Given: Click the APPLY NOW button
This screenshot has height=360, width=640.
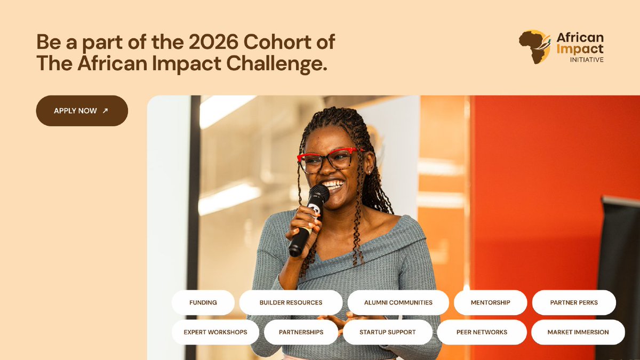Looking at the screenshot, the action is pos(82,110).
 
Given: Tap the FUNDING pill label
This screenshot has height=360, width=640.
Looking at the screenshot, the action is pos(203,302).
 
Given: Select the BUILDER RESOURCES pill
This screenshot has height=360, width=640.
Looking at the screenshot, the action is pos(291,302).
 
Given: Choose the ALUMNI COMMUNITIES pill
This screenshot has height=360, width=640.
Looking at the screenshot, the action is pos(398,302).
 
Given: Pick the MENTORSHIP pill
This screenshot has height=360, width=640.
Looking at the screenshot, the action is pos(490,302).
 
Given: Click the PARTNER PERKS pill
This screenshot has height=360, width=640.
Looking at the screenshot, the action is pos(574,302).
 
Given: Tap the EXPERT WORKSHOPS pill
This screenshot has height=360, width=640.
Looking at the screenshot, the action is pos(215,332).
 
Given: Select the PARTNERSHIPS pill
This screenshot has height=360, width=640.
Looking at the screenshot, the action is pos(301,332).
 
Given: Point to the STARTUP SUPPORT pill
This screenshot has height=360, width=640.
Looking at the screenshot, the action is pos(387,332).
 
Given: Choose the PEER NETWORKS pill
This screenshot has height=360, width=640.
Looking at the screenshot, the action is pos(482,332).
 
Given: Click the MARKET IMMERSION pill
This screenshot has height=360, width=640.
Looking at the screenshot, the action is pos(578,332).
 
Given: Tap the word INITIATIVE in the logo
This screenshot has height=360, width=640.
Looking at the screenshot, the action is pos(587,60).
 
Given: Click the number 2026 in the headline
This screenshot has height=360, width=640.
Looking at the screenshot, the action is pos(213,42).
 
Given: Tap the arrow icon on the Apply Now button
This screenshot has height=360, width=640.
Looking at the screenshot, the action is pos(105,110).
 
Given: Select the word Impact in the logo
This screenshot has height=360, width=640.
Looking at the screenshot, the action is pos(580,49).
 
